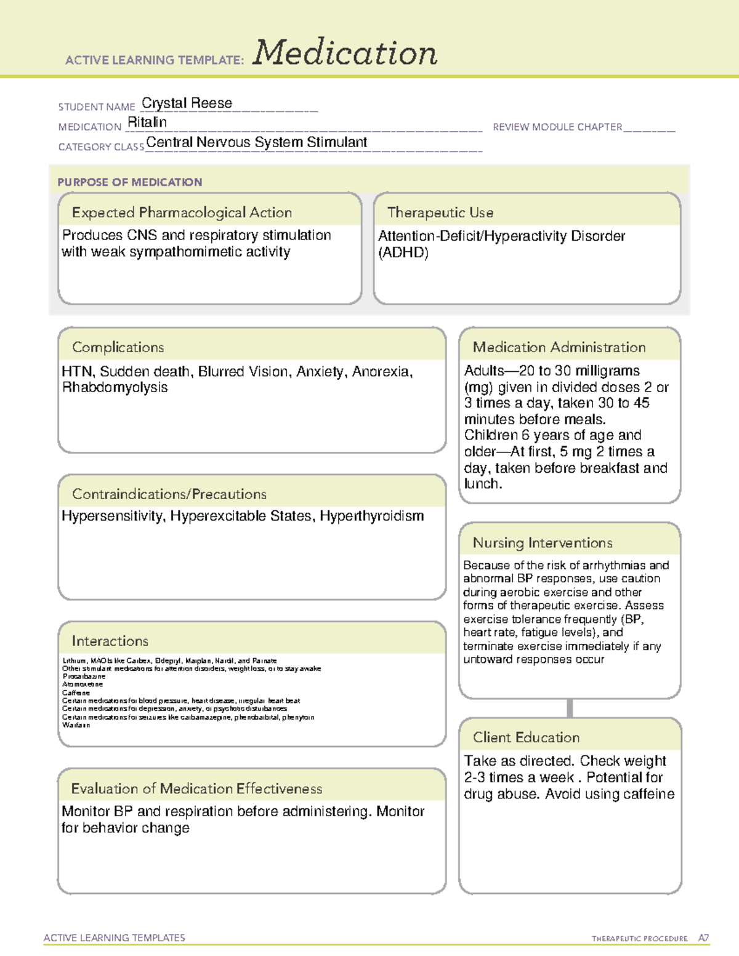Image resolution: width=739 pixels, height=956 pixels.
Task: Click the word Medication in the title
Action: point(345,53)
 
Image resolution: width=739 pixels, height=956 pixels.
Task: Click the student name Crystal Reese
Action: point(187,103)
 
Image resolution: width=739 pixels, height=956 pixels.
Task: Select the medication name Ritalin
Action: point(147,123)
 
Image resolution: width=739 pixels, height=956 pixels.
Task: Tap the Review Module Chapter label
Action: point(557,127)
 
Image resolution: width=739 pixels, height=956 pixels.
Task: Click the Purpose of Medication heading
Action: point(129,182)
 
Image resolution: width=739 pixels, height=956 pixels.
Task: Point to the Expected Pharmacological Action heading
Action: point(182,212)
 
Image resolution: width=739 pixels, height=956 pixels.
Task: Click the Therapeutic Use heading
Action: point(440,212)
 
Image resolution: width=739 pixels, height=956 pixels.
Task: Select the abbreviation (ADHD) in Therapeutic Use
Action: point(403,252)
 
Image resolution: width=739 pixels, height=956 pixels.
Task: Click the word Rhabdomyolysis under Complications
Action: point(115,388)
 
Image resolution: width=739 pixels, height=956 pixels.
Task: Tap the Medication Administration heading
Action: point(559,347)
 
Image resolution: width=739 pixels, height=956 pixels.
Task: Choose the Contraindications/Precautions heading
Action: point(169,494)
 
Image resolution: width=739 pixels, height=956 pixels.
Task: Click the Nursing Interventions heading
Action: point(542,543)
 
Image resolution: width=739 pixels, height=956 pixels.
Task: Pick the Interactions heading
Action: point(110,641)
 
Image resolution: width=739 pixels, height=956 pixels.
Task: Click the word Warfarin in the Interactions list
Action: point(76,725)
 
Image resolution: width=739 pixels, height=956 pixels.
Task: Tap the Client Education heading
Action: point(526,737)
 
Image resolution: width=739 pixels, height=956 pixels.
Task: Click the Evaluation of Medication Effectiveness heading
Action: point(196,789)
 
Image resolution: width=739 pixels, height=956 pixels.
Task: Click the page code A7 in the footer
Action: point(703,938)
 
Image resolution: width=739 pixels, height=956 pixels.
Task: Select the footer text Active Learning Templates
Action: point(114,938)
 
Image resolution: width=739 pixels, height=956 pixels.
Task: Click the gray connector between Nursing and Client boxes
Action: point(570,708)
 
